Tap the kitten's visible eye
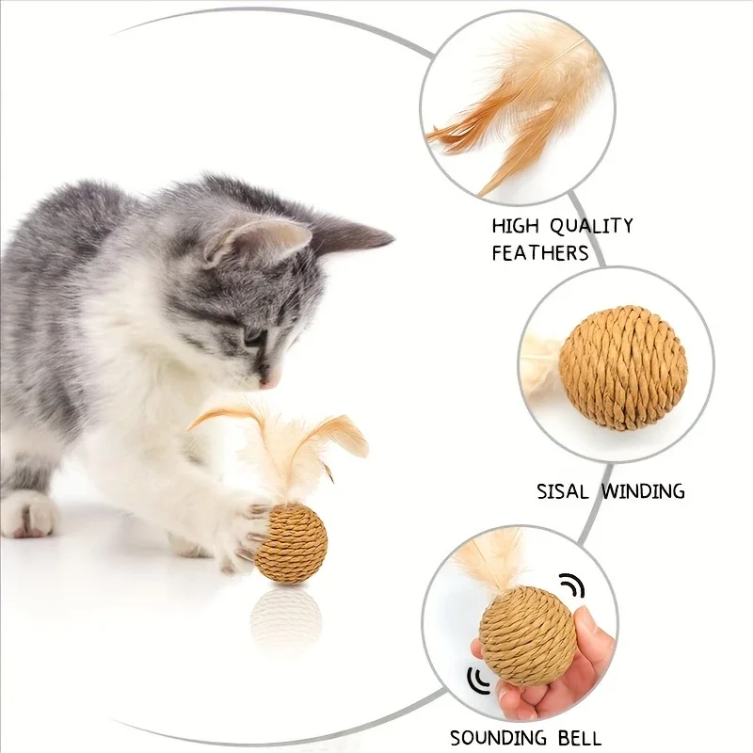coord(252,335)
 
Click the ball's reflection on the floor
coord(287,617)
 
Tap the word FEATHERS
coord(539,252)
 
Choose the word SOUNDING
coord(499,737)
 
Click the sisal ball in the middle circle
coord(623,367)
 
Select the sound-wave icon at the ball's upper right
coord(572,586)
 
